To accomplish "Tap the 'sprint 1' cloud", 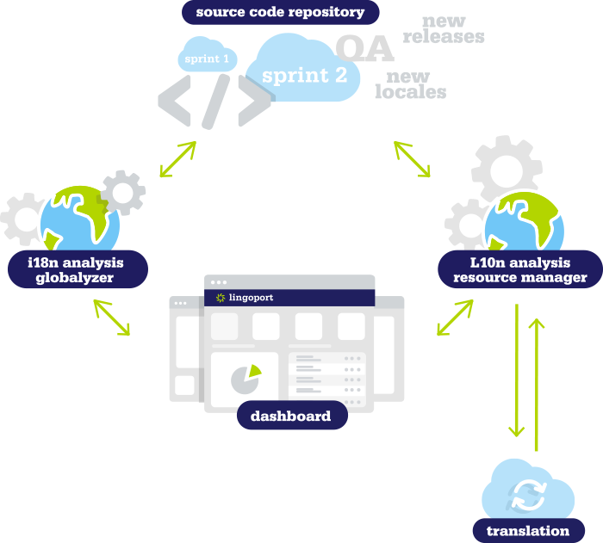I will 208,59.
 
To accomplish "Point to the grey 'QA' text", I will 364,49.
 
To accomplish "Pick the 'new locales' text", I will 410,85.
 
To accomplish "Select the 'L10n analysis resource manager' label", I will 519,268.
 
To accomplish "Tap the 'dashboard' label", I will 290,417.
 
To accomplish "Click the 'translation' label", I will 527,530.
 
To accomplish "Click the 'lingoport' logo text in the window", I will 251,298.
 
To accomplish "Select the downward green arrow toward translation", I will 516,370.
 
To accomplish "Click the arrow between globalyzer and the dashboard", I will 112,318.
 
